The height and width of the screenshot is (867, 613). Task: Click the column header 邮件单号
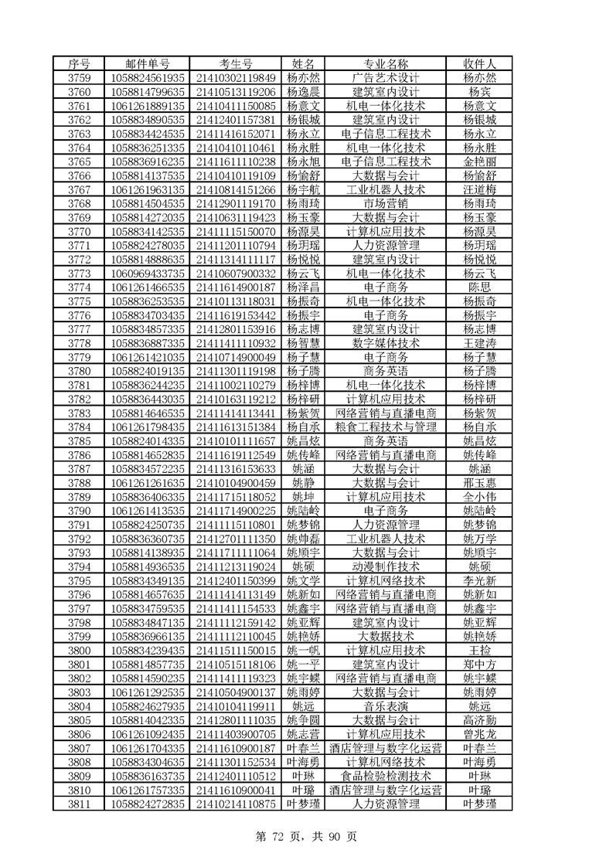[x=148, y=63]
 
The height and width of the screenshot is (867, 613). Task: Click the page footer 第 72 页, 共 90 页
[x=307, y=835]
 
